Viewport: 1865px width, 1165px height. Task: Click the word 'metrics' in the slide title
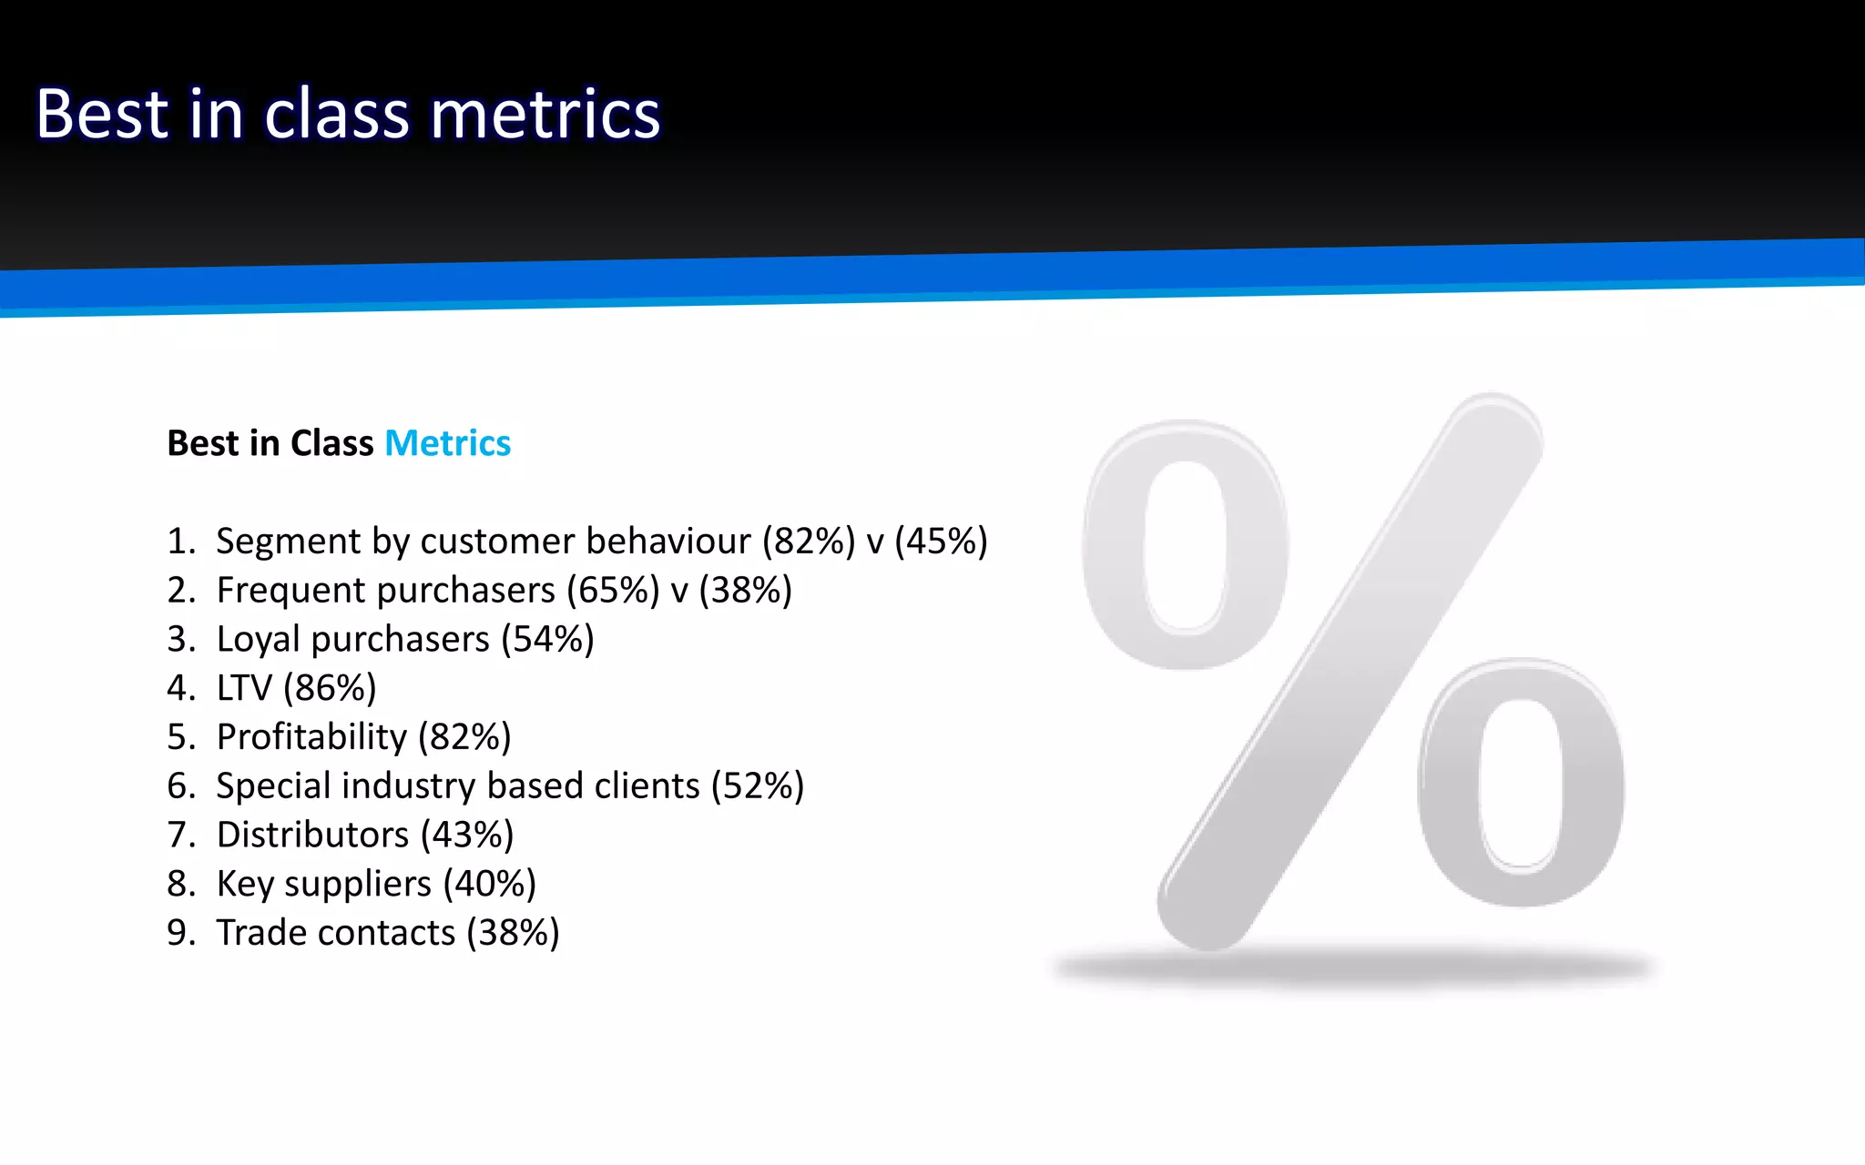(545, 115)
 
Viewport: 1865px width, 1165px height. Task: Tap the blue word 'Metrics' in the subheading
(447, 443)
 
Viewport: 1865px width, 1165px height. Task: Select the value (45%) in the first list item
(941, 542)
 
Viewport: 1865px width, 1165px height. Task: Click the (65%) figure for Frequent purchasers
(613, 591)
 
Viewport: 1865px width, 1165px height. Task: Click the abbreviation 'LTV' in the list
(244, 688)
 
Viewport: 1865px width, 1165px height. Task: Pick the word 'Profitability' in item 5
(311, 737)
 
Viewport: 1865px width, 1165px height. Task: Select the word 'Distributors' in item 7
(312, 836)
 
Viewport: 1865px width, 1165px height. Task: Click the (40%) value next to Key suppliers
(490, 884)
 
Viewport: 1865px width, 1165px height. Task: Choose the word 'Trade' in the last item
(261, 933)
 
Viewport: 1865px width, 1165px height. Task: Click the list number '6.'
(181, 786)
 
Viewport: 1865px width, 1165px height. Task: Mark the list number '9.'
(181, 933)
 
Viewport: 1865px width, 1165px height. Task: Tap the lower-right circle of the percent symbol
(1521, 783)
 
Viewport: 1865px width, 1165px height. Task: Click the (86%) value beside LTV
(330, 688)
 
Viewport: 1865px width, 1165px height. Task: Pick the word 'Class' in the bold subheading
(331, 443)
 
